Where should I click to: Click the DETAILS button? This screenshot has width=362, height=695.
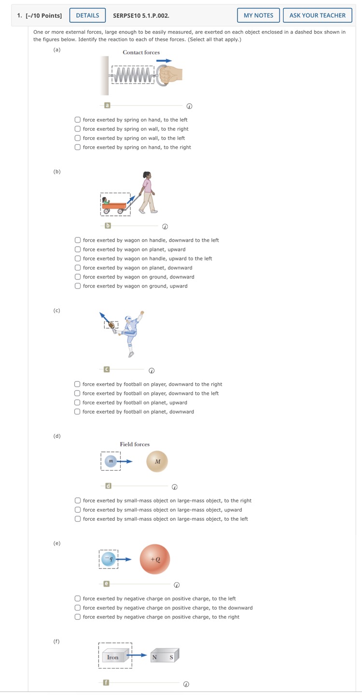(x=87, y=15)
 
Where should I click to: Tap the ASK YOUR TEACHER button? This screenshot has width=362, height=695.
(x=317, y=15)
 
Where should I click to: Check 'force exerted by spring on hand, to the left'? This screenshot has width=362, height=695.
(x=78, y=120)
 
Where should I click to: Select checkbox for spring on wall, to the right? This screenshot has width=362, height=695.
(x=78, y=129)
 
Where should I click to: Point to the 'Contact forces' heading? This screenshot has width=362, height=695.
(x=141, y=52)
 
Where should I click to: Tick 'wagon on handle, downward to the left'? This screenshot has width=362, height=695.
(x=78, y=240)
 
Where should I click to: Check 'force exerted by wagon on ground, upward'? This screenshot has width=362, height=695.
(x=78, y=286)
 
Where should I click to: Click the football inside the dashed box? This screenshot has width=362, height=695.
(x=111, y=325)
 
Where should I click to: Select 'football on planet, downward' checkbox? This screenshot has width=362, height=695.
(x=77, y=412)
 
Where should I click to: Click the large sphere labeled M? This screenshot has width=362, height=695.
(x=157, y=461)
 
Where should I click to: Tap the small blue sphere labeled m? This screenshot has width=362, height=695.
(x=111, y=461)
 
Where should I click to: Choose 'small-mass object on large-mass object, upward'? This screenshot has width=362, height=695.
(x=78, y=510)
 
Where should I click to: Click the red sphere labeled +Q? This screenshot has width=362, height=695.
(x=155, y=559)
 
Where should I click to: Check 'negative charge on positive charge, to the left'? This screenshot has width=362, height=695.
(x=78, y=598)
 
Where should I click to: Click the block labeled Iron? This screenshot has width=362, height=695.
(x=113, y=656)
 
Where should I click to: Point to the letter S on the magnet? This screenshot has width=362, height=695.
(x=171, y=657)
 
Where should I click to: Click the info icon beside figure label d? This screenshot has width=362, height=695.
(x=175, y=486)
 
